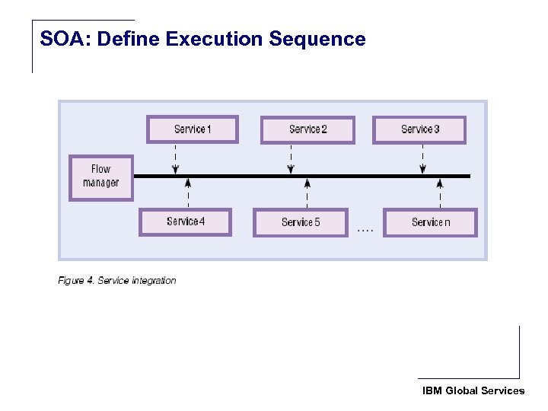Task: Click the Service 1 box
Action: click(x=192, y=129)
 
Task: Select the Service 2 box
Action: click(x=307, y=129)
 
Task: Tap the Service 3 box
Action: click(x=419, y=129)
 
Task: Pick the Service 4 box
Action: click(x=185, y=221)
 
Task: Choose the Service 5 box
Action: click(x=300, y=222)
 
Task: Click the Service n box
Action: click(x=430, y=222)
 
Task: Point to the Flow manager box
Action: click(x=100, y=177)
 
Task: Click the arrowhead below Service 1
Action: click(x=176, y=169)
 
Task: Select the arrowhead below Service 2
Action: click(x=291, y=169)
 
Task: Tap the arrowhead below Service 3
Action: click(x=422, y=169)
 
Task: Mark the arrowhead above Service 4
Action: click(x=188, y=183)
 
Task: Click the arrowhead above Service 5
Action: click(x=307, y=183)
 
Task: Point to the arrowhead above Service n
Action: click(x=440, y=183)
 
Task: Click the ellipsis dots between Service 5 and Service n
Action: click(x=365, y=229)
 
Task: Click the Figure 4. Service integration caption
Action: click(x=117, y=281)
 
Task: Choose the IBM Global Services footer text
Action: click(x=473, y=390)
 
